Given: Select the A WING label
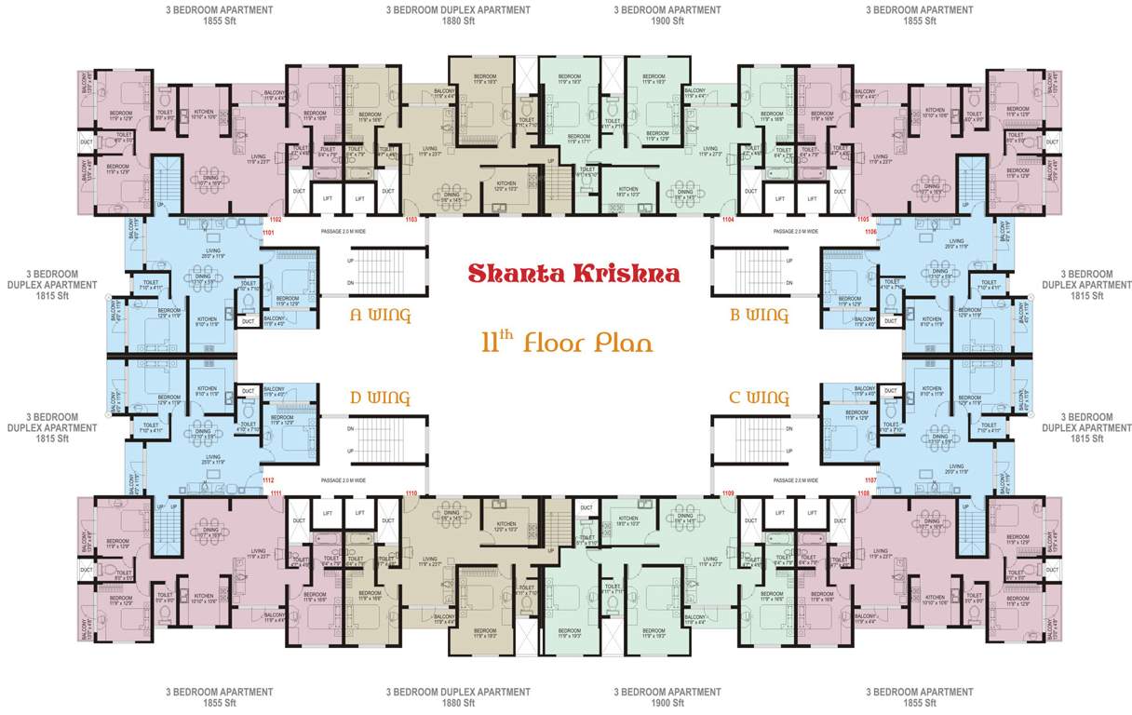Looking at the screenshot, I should click(380, 316).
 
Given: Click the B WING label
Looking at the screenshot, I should click(759, 316).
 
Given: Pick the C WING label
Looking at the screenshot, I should click(759, 398).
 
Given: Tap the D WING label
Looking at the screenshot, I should click(380, 398).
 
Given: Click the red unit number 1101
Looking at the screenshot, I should click(268, 232).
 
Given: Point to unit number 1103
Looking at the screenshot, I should click(411, 219).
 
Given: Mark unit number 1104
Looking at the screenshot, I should click(728, 219).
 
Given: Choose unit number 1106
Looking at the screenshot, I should click(869, 232).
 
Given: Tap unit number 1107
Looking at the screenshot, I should click(869, 480).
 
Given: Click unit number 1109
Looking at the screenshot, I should click(728, 492).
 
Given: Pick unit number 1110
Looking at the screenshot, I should click(411, 492).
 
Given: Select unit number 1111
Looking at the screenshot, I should click(276, 492).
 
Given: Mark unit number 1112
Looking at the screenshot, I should click(268, 480).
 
